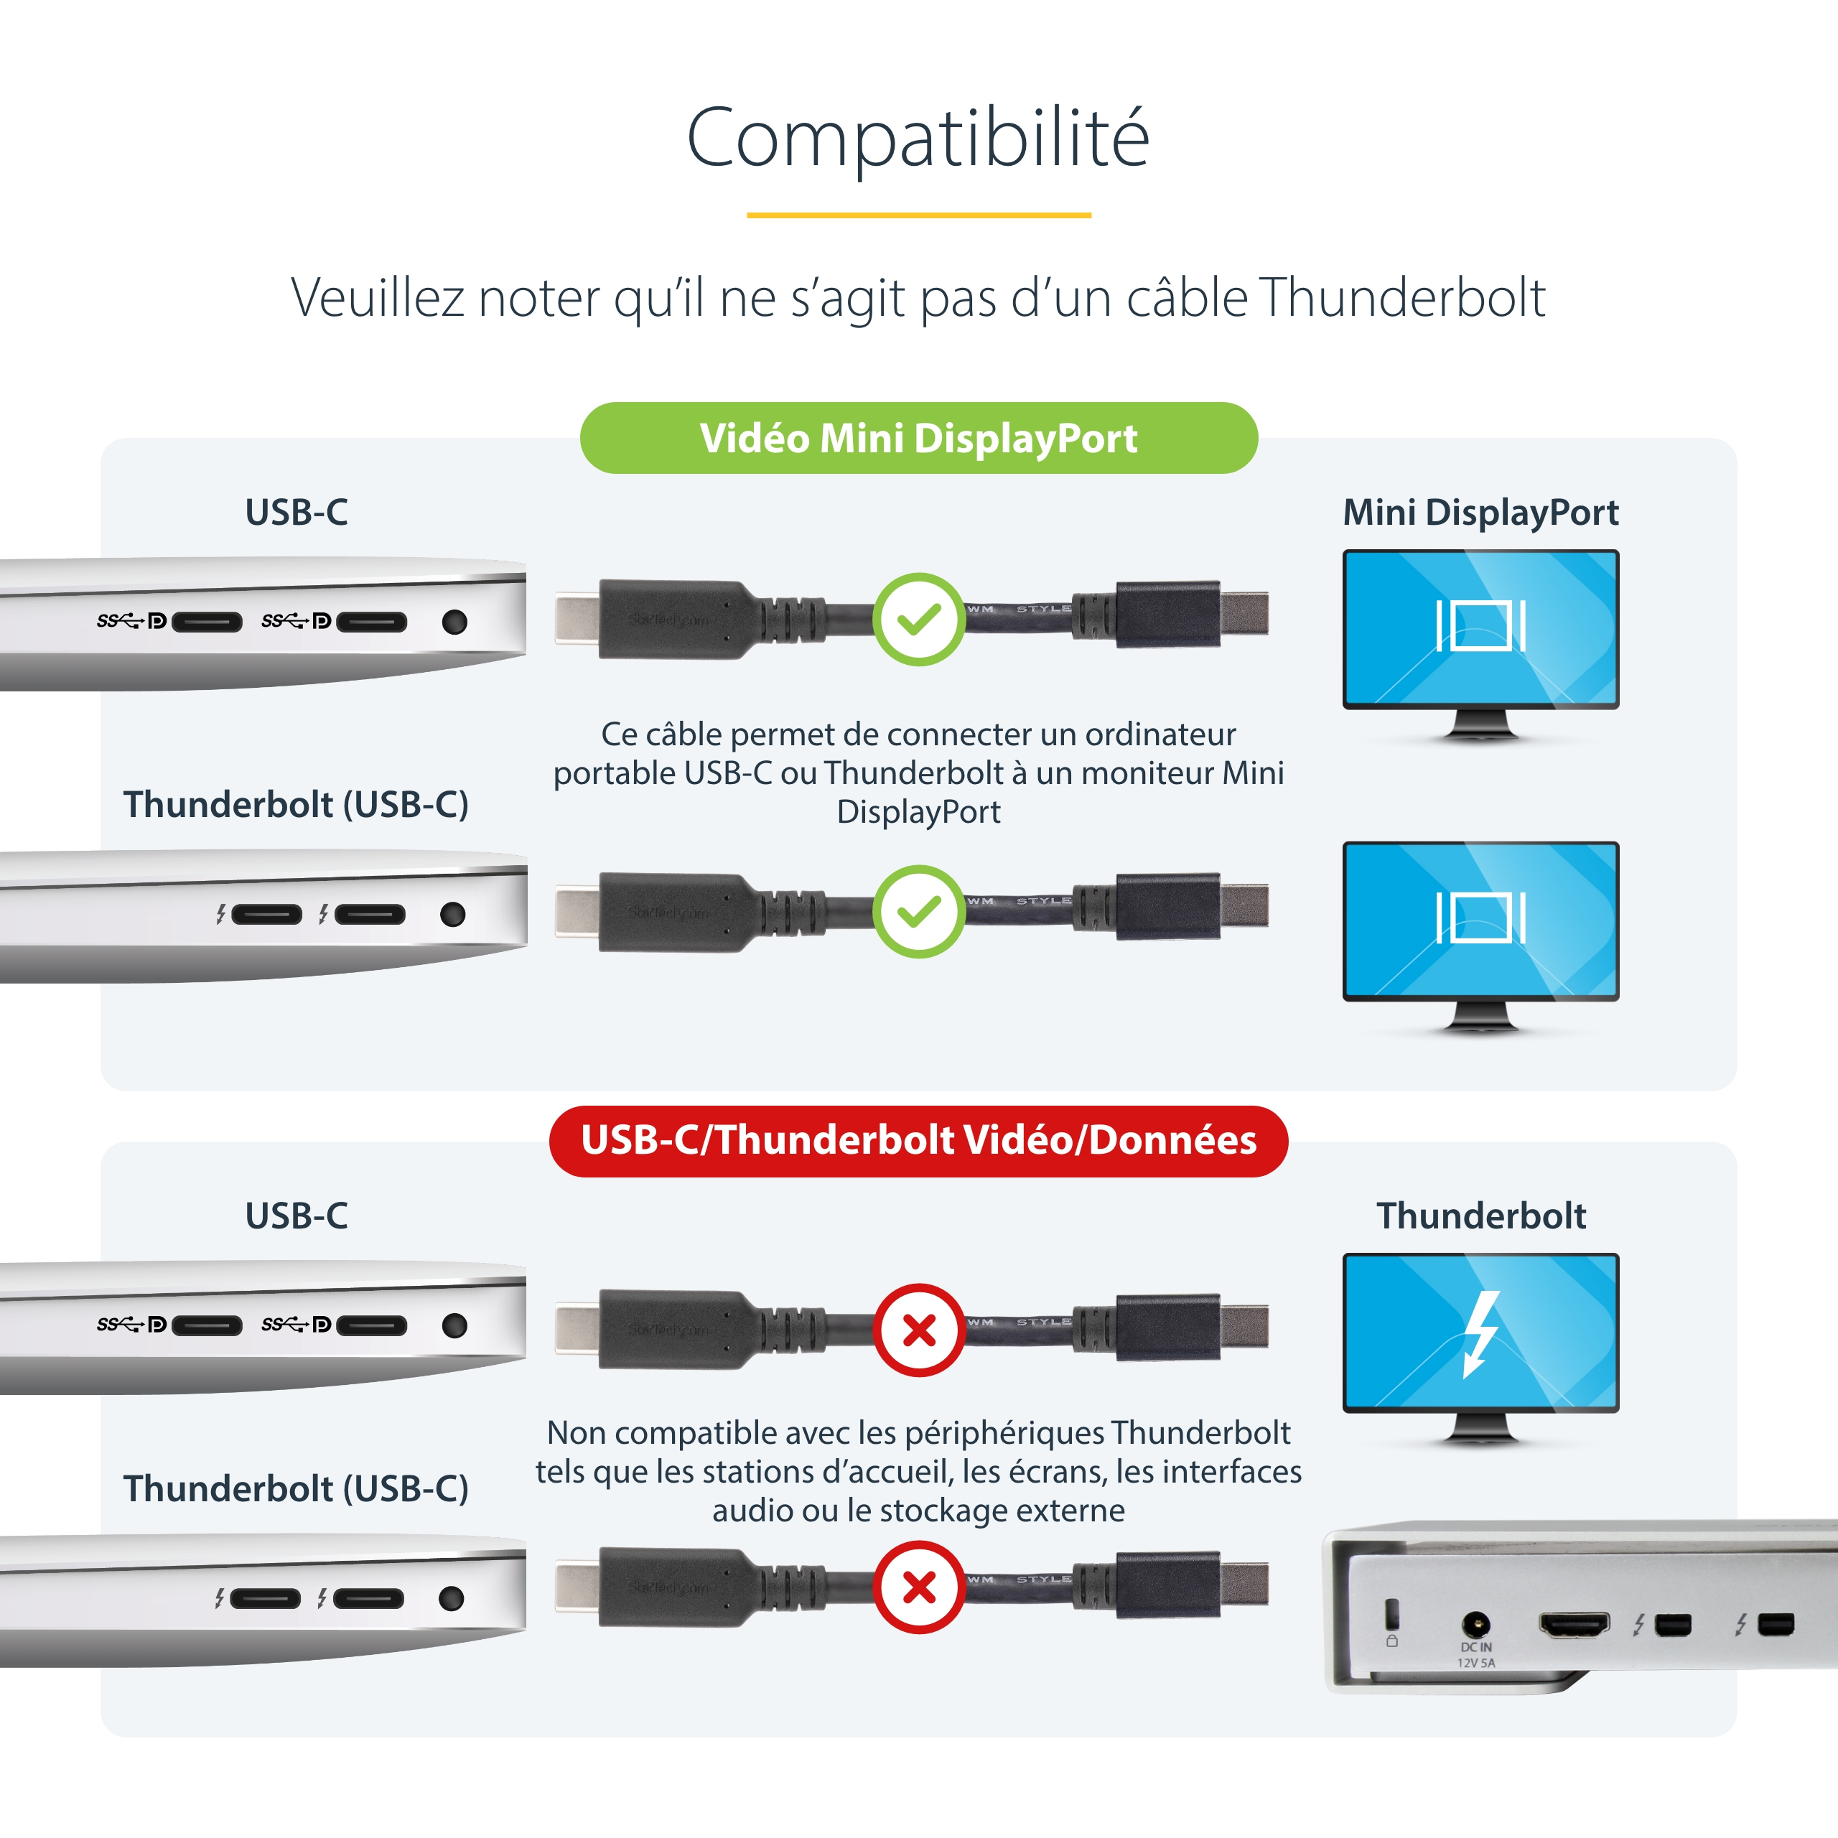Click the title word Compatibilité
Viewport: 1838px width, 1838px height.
pyautogui.click(x=918, y=138)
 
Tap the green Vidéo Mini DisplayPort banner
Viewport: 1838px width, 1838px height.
pyautogui.click(x=919, y=438)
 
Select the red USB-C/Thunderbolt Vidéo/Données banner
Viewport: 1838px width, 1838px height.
pyautogui.click(x=919, y=1141)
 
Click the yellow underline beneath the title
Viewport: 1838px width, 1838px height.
pyautogui.click(x=919, y=215)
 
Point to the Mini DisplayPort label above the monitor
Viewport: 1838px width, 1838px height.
pyautogui.click(x=1480, y=513)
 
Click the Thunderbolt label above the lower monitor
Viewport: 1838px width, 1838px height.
pyautogui.click(x=1481, y=1216)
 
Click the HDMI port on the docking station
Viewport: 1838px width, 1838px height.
pyautogui.click(x=1575, y=1624)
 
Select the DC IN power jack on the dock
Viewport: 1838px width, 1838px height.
pyautogui.click(x=1475, y=1623)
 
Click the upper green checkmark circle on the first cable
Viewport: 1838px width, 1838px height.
pyautogui.click(x=919, y=620)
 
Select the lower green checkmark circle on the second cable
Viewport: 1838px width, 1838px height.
pyautogui.click(x=919, y=911)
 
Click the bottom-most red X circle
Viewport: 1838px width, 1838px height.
pyautogui.click(x=919, y=1587)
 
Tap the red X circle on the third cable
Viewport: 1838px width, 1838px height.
pyautogui.click(x=919, y=1330)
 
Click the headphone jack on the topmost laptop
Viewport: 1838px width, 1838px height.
pyautogui.click(x=454, y=622)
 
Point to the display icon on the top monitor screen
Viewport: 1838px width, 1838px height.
pyautogui.click(x=1480, y=625)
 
